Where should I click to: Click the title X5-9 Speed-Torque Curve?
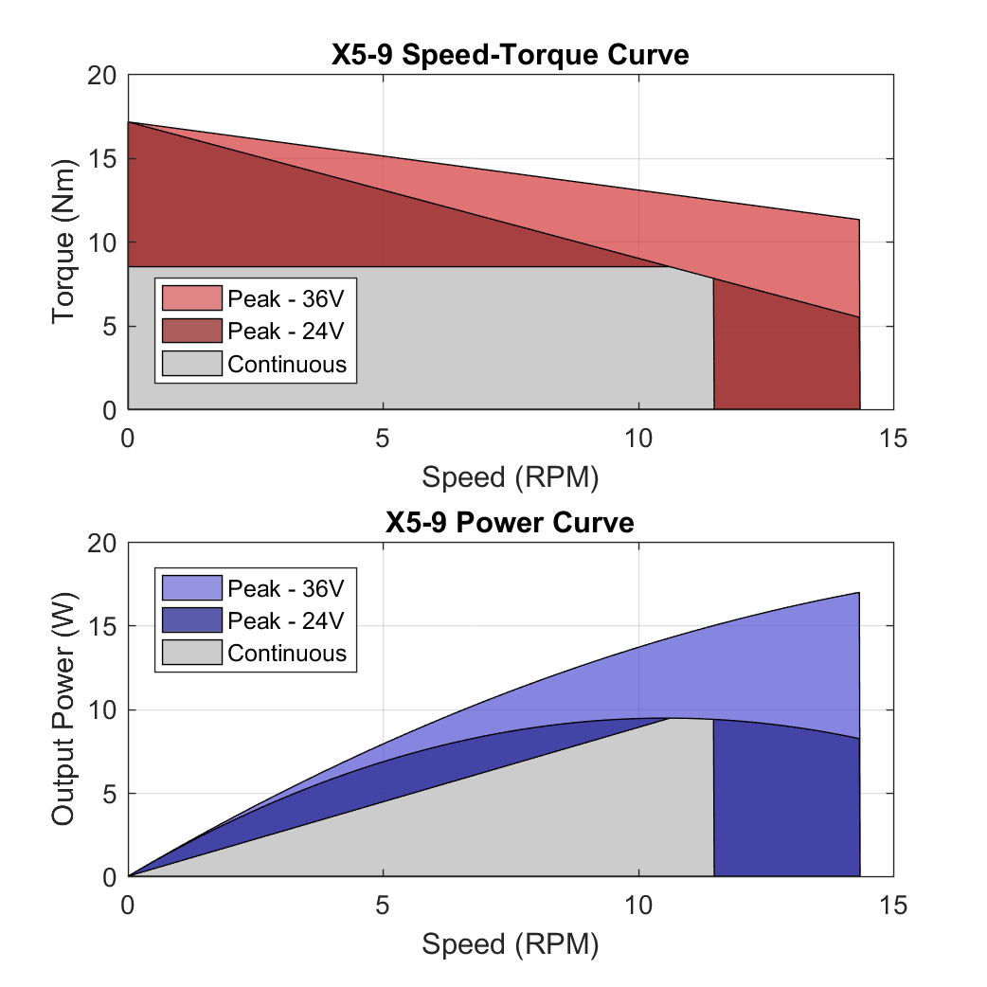tap(510, 55)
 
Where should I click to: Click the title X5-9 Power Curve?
tap(510, 522)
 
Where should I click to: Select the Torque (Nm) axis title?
tap(64, 242)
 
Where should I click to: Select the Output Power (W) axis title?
tap(64, 709)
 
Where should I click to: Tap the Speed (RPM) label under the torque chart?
tap(510, 476)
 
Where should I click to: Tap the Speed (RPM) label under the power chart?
tap(510, 943)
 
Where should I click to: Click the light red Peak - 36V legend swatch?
tap(191, 298)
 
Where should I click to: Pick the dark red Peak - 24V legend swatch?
tap(191, 331)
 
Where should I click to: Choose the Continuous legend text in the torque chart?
tap(287, 364)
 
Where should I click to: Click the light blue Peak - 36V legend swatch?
tap(191, 588)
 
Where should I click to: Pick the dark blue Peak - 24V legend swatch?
tap(191, 620)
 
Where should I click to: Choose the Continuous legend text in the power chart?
tap(287, 654)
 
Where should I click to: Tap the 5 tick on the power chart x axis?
tap(383, 905)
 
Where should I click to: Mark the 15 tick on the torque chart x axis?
tap(893, 438)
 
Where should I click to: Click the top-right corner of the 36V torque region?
tap(859, 220)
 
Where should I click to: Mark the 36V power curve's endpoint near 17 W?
tap(859, 593)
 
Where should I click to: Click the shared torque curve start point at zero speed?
tap(129, 122)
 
